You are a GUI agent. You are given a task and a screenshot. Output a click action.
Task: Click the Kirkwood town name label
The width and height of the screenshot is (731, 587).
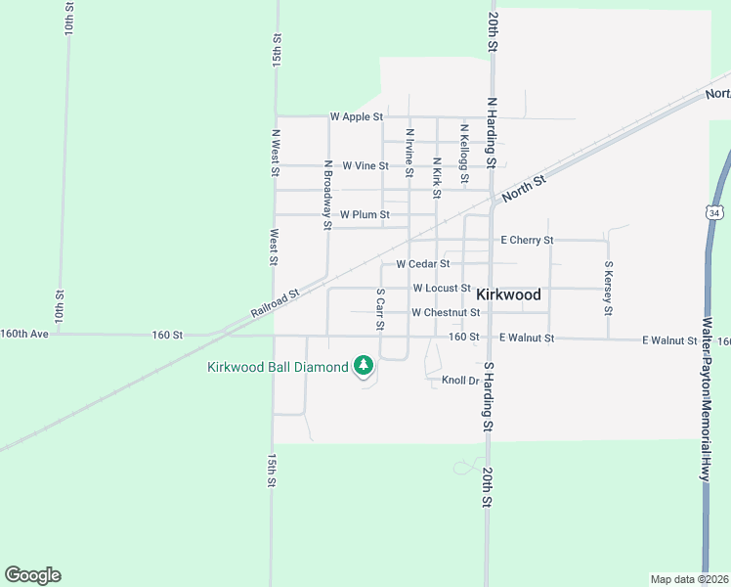coord(508,293)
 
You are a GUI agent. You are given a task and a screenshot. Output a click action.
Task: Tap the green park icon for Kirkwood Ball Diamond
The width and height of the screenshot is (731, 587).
coord(364,366)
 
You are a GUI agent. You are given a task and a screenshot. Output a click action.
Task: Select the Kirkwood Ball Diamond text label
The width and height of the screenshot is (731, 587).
coord(278,367)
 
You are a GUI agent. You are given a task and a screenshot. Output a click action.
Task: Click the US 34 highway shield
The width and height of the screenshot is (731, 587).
coord(715,212)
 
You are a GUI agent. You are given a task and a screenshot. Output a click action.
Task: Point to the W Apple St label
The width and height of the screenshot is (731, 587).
coord(356,116)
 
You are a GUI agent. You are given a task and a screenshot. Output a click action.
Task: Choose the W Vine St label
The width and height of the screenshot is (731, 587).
coord(359,166)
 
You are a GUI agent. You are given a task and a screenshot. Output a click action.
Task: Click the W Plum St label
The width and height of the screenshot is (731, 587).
coord(365,214)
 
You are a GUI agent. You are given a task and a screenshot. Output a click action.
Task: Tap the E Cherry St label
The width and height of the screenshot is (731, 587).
coord(527,240)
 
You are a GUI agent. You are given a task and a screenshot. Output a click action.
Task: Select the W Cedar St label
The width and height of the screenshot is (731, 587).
coord(422,263)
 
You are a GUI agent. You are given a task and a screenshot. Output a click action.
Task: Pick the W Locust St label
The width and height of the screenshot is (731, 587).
coord(442,289)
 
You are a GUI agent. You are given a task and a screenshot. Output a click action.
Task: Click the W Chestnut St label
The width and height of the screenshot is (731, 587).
coord(446,313)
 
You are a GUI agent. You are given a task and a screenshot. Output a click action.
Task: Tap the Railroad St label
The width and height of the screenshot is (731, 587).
coord(274,301)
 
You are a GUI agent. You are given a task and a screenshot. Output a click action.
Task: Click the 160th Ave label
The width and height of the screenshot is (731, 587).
coord(23,334)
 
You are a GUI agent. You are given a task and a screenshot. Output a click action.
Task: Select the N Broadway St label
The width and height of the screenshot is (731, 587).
coord(328,195)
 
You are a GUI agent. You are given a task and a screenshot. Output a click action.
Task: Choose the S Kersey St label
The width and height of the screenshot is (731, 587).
coord(608,288)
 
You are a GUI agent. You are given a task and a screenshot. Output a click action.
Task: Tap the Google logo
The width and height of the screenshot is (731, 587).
coord(32,575)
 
